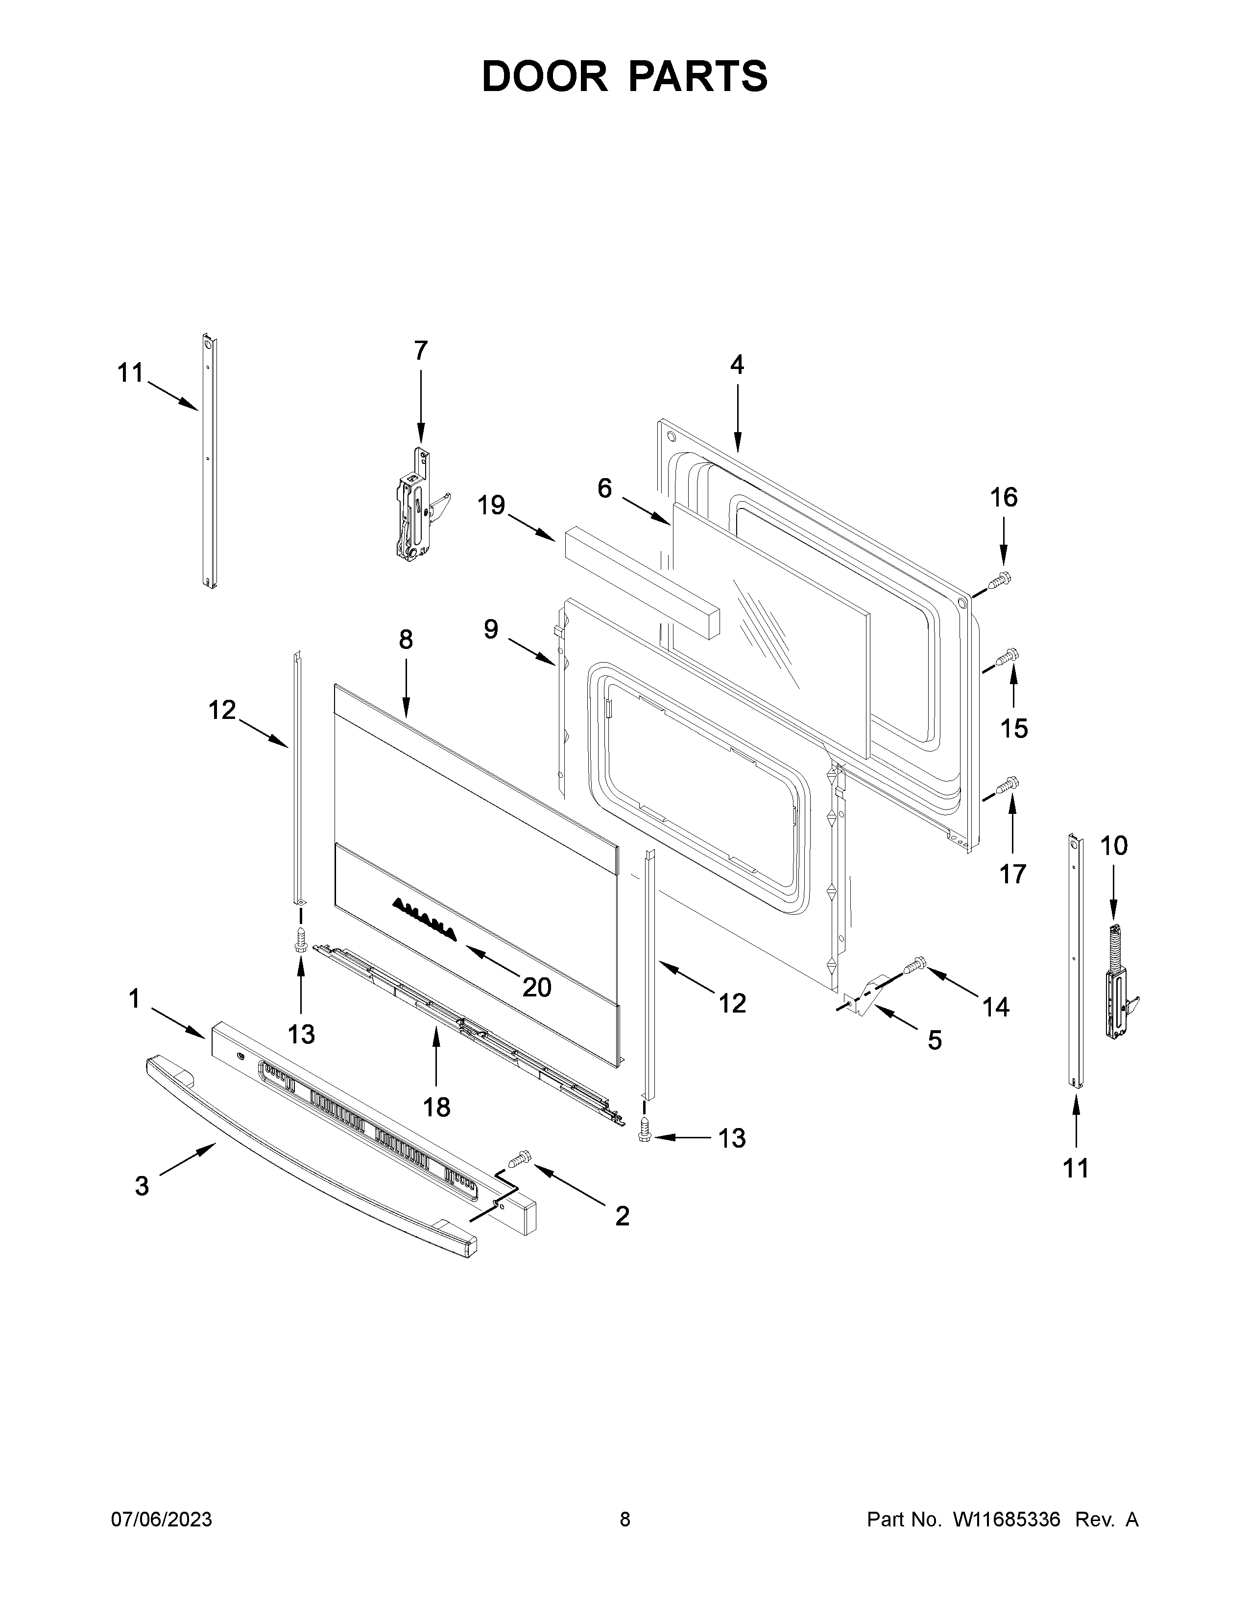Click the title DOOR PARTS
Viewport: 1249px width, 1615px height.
[x=624, y=77]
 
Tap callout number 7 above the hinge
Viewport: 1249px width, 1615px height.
[x=420, y=350]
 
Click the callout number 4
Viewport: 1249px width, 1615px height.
[x=737, y=365]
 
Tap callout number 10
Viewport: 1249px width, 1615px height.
[x=1114, y=845]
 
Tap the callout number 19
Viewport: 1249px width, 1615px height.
[x=491, y=506]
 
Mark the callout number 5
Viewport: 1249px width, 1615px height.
[x=935, y=1040]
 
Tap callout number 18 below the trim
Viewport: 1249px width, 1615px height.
[x=436, y=1128]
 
